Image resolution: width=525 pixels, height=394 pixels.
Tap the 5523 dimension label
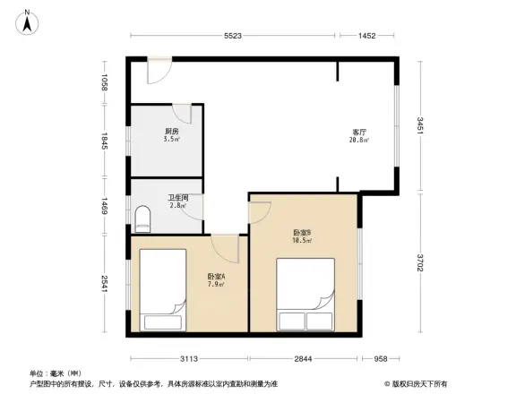click(234, 36)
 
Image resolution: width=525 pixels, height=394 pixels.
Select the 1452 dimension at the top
click(366, 36)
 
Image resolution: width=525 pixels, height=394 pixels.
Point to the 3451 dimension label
click(419, 125)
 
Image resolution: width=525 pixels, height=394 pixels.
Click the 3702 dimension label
click(419, 265)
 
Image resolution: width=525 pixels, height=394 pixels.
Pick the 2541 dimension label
click(105, 284)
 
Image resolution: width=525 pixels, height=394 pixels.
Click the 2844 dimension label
click(304, 359)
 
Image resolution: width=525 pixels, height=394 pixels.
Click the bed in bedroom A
click(163, 288)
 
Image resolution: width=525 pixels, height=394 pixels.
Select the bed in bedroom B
click(306, 295)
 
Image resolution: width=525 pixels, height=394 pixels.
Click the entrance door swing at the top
click(159, 71)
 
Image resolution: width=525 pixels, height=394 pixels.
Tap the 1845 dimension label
click(105, 141)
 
